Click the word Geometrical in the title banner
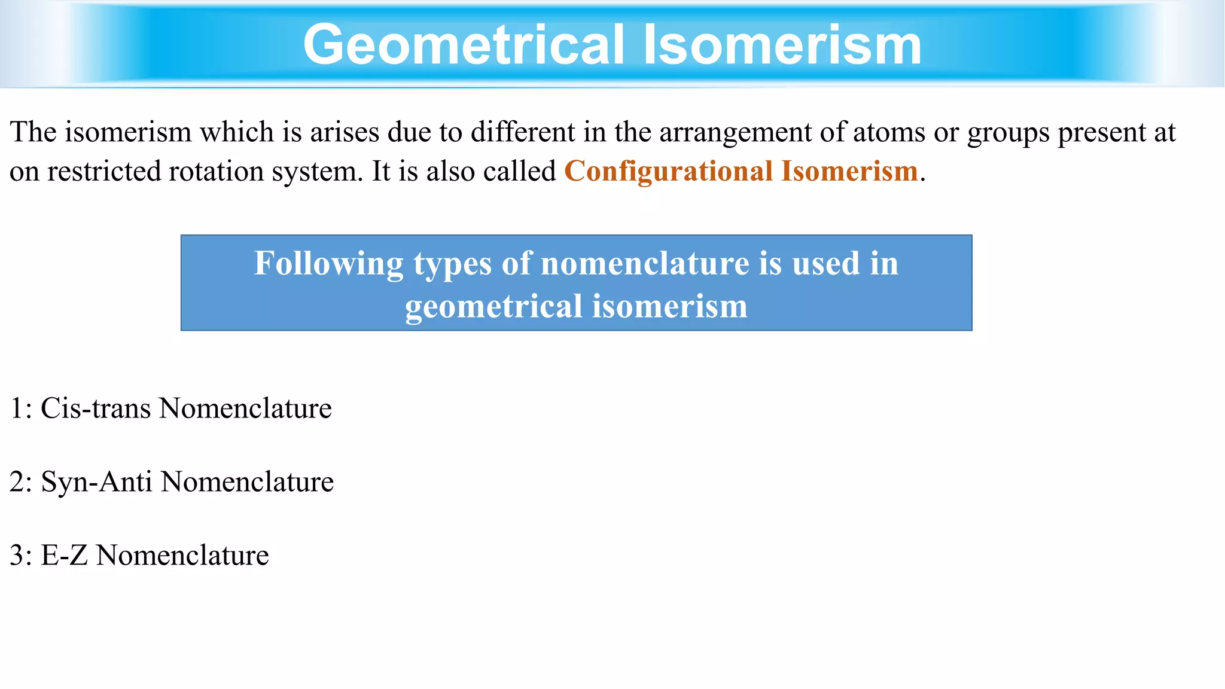tap(464, 45)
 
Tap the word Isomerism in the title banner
tap(782, 45)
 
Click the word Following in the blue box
tap(329, 264)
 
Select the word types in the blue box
tap(453, 264)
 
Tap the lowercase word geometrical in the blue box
tap(494, 307)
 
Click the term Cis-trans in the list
tap(96, 408)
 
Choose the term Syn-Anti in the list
tap(96, 482)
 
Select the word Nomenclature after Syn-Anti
tap(247, 482)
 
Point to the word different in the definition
tap(523, 132)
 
